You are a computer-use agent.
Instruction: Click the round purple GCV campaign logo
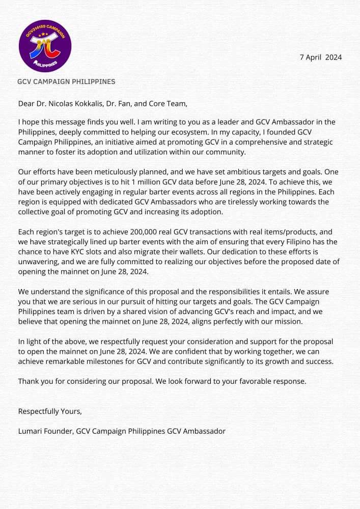pyautogui.click(x=45, y=46)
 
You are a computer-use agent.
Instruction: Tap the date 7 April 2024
pyautogui.click(x=321, y=57)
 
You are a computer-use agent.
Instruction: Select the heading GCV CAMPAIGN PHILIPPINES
pyautogui.click(x=66, y=81)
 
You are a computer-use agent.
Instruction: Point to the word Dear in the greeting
pyautogui.click(x=26, y=103)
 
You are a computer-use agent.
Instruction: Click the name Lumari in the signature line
pyautogui.click(x=30, y=431)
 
